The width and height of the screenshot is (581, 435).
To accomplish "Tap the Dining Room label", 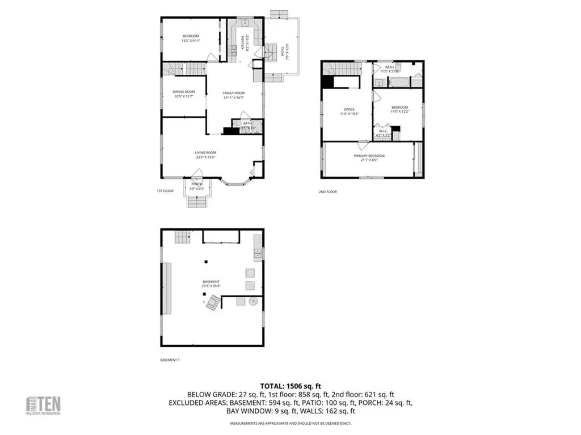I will coord(184,92).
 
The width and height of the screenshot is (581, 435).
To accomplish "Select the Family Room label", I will coord(233,93).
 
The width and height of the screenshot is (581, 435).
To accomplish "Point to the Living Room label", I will coord(205,152).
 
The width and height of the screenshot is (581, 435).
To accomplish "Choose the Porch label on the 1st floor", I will coord(197,184).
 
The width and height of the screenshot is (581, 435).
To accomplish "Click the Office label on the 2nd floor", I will coord(349,109).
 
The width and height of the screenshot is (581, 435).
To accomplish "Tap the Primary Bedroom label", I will coord(369,156).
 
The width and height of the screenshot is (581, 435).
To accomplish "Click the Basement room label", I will coord(211,282).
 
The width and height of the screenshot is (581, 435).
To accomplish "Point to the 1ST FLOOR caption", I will coord(165,191).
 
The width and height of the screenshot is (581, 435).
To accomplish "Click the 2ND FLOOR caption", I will coord(327,192).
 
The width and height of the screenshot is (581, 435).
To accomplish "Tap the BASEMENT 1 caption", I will coord(170,360).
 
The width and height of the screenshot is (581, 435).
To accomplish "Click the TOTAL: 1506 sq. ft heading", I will coord(290,386).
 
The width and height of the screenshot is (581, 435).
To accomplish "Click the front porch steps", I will coord(197,201).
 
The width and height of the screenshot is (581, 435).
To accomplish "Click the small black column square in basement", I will coord(206,262).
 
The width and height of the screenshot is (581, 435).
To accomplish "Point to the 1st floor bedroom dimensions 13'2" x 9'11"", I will coord(190,41).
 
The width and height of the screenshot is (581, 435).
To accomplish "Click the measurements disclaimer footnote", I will coord(290,424).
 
